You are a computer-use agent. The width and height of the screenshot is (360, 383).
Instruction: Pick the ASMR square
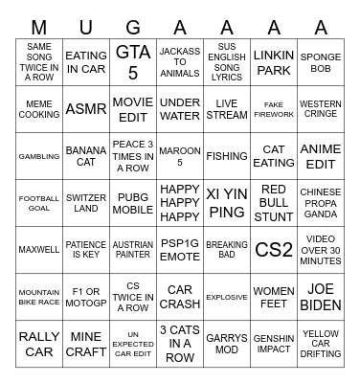(x=86, y=109)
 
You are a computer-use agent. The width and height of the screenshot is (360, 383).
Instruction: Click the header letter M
(x=39, y=26)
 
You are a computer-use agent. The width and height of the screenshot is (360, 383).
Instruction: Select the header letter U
(x=86, y=26)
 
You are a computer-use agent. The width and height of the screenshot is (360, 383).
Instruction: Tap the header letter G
(x=133, y=26)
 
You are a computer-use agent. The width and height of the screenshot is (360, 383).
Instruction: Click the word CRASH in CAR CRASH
(x=180, y=304)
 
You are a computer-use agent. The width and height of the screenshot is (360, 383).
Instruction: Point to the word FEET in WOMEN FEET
(x=274, y=304)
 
